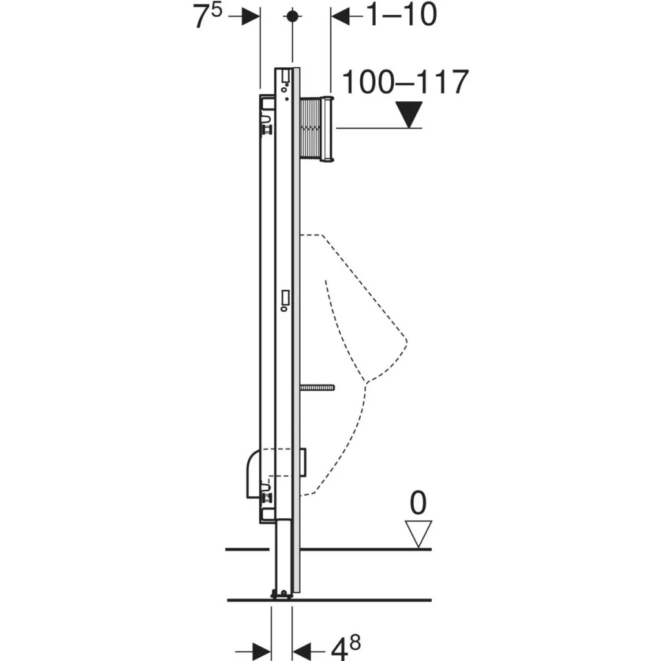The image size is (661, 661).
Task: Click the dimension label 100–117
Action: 405,82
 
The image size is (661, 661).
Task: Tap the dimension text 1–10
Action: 402,15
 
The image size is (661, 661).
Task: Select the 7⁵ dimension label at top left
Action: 207,16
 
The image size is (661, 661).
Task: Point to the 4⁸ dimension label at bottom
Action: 345,647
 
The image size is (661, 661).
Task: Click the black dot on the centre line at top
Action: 292,16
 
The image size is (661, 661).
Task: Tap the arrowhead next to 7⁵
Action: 251,16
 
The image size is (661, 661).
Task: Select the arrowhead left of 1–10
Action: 340,16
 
